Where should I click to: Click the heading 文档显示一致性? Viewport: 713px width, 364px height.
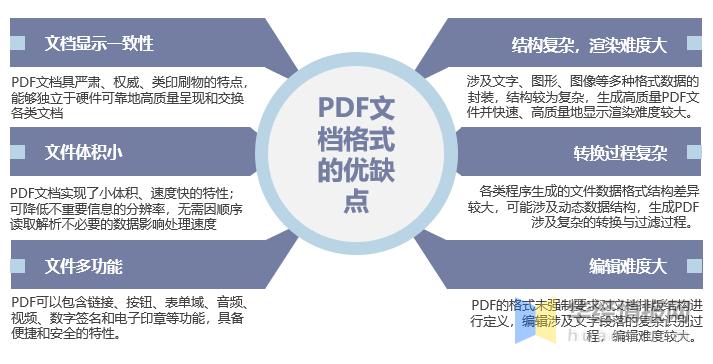(99, 44)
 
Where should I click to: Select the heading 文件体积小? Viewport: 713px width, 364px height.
(83, 152)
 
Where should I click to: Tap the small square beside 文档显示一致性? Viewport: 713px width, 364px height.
(16, 43)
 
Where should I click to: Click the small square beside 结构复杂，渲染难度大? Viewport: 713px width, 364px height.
(697, 44)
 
